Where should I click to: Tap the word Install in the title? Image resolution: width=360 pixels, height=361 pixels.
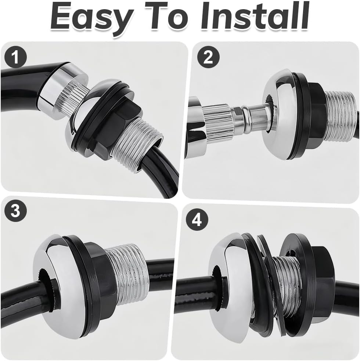pos(255,16)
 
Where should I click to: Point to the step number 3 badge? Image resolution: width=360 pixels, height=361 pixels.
pos(15,211)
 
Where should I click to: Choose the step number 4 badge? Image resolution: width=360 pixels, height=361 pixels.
pos(197,220)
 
